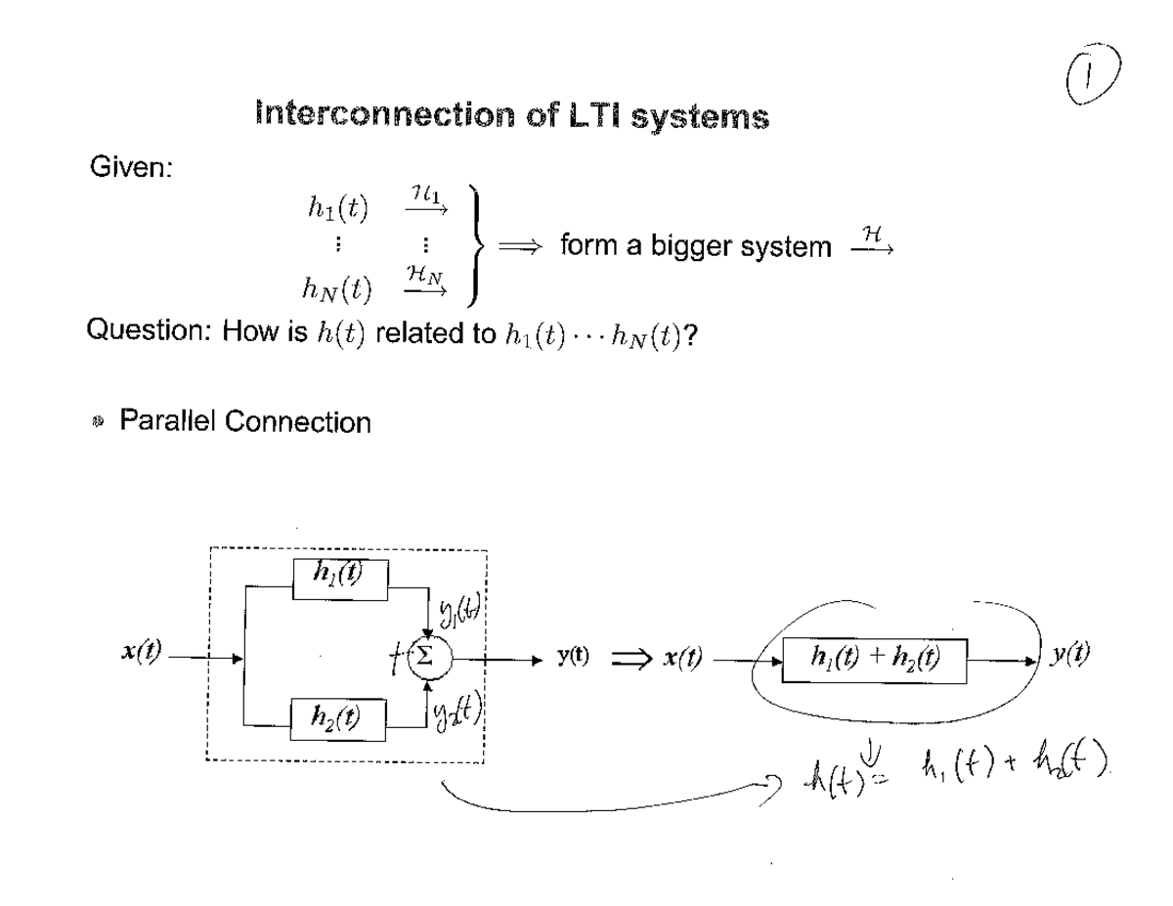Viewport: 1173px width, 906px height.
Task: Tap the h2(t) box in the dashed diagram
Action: click(x=341, y=719)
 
